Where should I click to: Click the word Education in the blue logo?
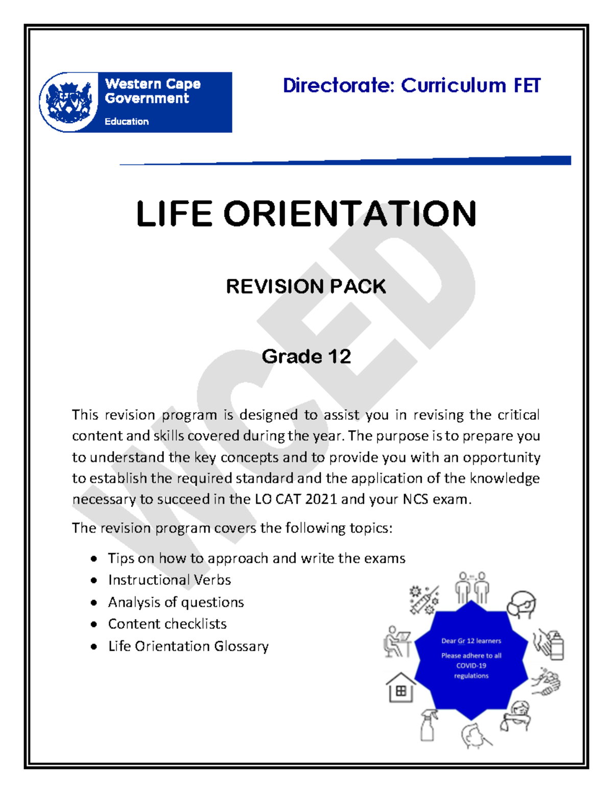[126, 122]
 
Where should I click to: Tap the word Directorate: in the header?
[339, 86]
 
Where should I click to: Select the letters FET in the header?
[527, 86]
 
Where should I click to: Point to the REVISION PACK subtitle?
[306, 286]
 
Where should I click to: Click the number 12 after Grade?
[339, 356]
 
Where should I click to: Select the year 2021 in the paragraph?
[321, 499]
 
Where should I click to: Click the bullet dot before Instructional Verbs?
[93, 581]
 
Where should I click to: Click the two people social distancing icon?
[472, 587]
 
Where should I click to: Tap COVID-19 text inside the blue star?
[471, 665]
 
